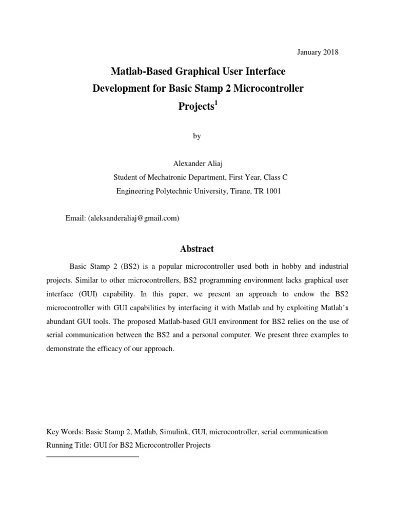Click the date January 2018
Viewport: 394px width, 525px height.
click(318, 52)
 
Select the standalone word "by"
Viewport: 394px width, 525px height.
click(197, 136)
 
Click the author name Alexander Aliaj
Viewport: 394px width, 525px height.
click(197, 164)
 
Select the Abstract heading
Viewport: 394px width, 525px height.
click(197, 249)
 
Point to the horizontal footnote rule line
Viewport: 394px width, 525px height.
click(92, 456)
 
